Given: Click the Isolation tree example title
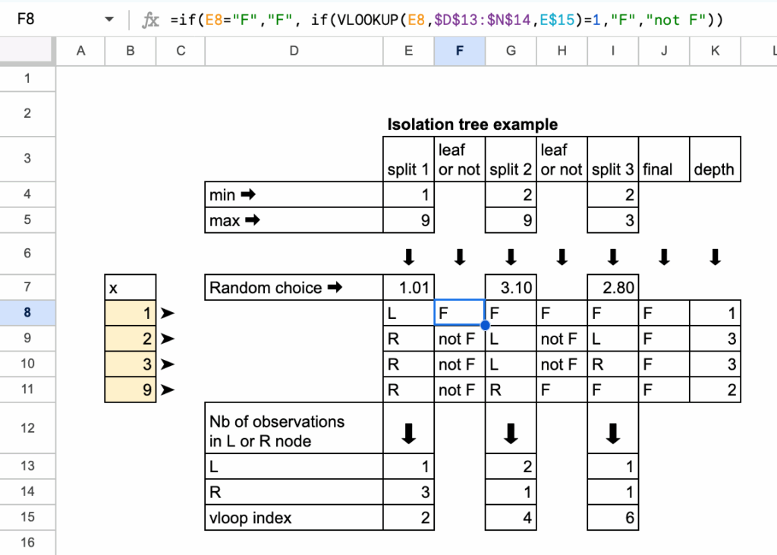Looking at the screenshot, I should click(472, 125).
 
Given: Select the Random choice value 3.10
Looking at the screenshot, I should click(511, 288).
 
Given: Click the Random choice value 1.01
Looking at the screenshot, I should click(408, 288).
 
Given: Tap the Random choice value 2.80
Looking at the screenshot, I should click(613, 288).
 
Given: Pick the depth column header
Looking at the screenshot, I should click(715, 170).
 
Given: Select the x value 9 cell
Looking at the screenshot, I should click(131, 390).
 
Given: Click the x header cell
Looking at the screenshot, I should click(131, 288).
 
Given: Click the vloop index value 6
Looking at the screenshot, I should click(613, 519).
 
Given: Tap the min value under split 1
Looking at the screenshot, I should click(408, 195).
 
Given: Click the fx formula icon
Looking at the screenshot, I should click(152, 20).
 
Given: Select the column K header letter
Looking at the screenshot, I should click(715, 51).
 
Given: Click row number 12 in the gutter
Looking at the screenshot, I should click(28, 428).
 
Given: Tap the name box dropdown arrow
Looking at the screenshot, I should click(109, 20).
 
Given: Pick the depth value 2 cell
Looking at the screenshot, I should click(715, 390).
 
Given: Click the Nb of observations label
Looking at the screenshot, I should click(276, 430).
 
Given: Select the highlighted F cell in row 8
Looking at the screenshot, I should click(459, 313).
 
